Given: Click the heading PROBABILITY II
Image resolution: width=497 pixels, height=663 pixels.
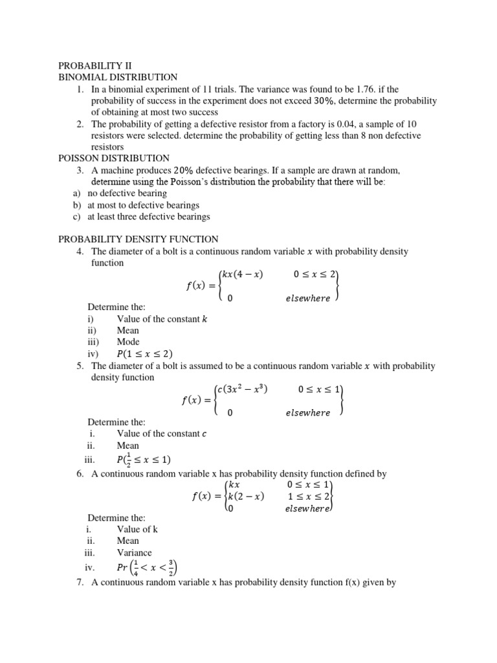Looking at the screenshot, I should click(x=95, y=65).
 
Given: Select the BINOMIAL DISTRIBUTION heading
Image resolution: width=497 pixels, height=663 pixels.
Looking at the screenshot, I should click(x=118, y=77).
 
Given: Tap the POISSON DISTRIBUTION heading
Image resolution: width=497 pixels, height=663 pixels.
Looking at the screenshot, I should click(x=114, y=158).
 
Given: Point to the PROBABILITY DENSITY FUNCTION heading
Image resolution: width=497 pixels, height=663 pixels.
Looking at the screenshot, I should click(x=138, y=239).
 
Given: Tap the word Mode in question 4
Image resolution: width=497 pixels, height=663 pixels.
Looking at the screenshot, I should click(x=128, y=342).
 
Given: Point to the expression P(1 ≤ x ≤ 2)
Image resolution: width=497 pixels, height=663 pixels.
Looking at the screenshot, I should click(x=144, y=354).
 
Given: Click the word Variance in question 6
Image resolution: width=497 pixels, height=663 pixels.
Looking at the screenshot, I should click(x=134, y=553).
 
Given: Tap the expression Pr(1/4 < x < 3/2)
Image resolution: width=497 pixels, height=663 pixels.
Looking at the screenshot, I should click(x=147, y=567).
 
